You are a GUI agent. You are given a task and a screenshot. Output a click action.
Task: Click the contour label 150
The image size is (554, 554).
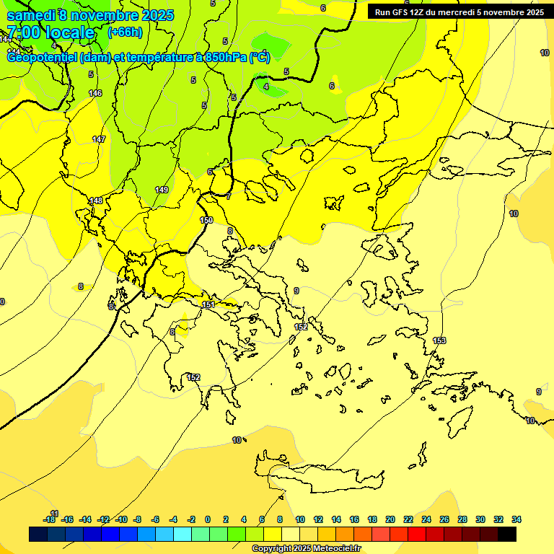coord(206,220)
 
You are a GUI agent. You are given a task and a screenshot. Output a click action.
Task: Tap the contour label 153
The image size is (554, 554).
coord(439,340)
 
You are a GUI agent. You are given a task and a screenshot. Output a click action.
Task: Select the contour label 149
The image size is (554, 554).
coord(162,190)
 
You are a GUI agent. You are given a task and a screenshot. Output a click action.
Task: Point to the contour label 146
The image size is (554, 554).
coord(95,93)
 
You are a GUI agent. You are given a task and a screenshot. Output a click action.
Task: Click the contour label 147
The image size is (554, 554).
coord(99,139)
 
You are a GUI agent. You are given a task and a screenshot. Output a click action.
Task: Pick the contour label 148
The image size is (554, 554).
coord(95,201)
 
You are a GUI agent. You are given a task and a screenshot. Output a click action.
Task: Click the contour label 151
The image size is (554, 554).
coord(208,305)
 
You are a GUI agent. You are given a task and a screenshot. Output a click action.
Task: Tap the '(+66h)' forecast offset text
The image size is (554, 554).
coord(125,32)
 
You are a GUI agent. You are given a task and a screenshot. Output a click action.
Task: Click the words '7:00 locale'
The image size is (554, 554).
coord(50,32)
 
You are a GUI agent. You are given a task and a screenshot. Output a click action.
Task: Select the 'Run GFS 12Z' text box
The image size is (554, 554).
coord(457,12)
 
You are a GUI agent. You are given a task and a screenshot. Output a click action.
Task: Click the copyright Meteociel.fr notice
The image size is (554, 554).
coord(306,549)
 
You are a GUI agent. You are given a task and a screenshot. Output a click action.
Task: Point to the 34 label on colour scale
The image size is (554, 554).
coord(516,519)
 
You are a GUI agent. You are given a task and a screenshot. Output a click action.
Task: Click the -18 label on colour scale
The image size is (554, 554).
coord(49,519)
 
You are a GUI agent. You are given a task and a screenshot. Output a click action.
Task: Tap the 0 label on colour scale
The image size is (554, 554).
coord(208,519)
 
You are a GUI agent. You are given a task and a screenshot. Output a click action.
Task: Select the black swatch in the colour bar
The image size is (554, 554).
coord(507,534)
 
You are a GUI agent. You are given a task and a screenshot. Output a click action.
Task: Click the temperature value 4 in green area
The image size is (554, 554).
coord(266,87)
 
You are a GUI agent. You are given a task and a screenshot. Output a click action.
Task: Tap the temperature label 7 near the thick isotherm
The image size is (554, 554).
coord(229,196)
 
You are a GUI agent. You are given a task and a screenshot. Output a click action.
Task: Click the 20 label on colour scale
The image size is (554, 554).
coord(390,519)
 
